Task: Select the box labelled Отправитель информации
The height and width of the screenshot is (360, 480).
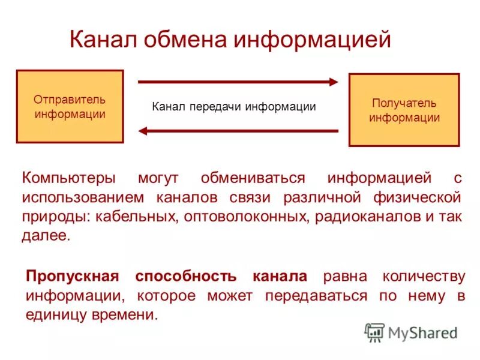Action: pyautogui.click(x=70, y=106)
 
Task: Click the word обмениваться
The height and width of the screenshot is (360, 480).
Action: pyautogui.click(x=253, y=178)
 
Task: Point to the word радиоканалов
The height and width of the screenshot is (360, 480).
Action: pyautogui.click(x=367, y=217)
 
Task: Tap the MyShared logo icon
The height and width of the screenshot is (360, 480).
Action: pyautogui.click(x=374, y=332)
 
